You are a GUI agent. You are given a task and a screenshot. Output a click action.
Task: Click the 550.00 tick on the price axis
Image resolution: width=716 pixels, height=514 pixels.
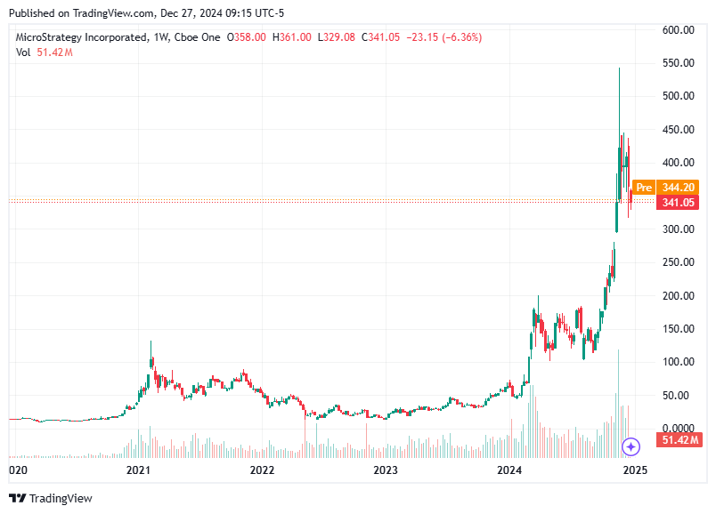(678, 63)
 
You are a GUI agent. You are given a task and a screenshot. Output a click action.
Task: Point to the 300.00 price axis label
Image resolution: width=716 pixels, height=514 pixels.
(678, 229)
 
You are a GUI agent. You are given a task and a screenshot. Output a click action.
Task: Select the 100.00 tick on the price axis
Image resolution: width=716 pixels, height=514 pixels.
(678, 362)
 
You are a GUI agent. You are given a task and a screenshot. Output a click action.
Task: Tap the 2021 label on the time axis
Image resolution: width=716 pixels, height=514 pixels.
(137, 469)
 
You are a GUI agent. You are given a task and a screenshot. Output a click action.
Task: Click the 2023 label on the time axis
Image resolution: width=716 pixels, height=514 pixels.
(385, 469)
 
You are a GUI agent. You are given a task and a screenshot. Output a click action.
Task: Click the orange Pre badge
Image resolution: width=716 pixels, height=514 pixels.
(644, 188)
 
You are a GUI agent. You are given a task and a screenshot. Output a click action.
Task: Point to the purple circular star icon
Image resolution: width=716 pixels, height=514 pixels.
(631, 446)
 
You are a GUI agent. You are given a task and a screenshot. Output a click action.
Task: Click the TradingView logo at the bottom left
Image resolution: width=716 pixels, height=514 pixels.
(51, 498)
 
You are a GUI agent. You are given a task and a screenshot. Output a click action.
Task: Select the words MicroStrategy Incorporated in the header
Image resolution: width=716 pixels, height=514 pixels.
(82, 37)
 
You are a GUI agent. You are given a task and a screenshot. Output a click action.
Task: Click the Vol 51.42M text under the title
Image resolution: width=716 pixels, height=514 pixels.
(44, 52)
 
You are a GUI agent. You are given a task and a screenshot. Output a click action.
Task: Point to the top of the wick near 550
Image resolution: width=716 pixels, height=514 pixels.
(619, 68)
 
